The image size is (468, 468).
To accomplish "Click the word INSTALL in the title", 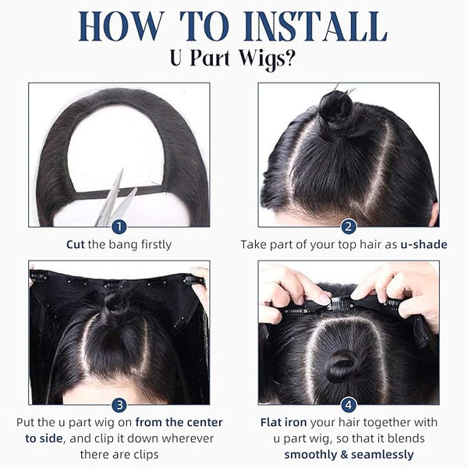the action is (315, 27).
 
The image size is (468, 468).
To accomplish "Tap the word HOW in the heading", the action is (122, 27).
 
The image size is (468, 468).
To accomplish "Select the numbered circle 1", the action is (119, 228).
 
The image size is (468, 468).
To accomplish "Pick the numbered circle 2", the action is (349, 228).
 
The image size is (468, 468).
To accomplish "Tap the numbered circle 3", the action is (119, 406).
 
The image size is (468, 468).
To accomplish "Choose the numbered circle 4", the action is (349, 406).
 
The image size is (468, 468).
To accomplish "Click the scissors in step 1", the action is (115, 200).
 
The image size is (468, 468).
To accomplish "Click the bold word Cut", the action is (76, 244).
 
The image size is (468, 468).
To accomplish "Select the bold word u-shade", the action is (424, 244).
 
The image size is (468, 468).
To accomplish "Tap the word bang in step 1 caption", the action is (122, 245).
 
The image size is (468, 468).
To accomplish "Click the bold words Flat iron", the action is (284, 422).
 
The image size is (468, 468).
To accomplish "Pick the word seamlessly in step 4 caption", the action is (382, 455).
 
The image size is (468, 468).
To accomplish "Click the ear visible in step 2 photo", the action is (434, 214).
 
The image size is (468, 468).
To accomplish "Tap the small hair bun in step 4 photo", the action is (342, 366).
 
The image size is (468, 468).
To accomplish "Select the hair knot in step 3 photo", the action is (117, 302).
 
